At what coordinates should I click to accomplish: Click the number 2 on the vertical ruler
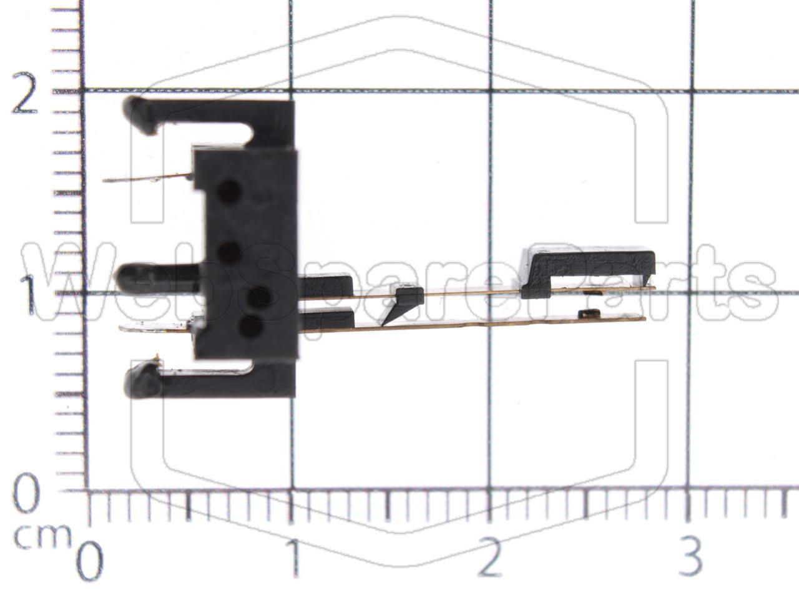point(25,95)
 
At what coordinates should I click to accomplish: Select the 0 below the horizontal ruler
point(90,560)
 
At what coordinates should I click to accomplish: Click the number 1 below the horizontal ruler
point(293,558)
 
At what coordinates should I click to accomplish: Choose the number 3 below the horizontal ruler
point(690,558)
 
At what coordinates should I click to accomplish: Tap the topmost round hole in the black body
point(229,190)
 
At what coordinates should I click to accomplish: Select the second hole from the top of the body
point(229,252)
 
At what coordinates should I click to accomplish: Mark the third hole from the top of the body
point(257,298)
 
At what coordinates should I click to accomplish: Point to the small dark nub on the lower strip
point(587,313)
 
